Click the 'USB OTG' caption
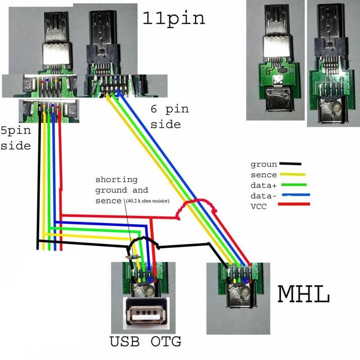tap(145, 342)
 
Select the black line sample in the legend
tap(290, 164)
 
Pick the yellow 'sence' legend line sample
tap(292, 174)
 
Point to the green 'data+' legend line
tap(293, 184)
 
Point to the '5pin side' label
tap(16, 139)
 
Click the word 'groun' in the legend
tap(264, 165)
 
